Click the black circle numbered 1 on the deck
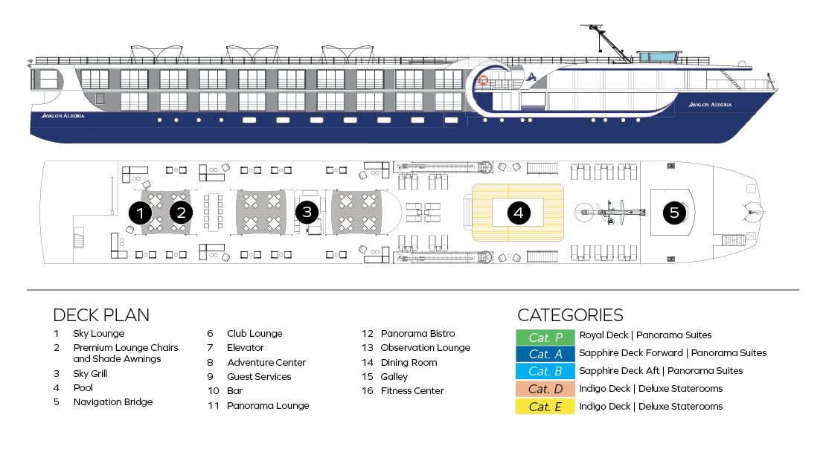click(140, 213)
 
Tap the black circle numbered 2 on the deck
click(180, 213)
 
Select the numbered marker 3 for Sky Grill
click(307, 213)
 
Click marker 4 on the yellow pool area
click(518, 213)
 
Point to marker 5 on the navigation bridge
click(674, 213)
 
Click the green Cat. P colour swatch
click(545, 338)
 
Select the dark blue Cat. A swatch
click(545, 353)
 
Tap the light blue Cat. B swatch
click(545, 371)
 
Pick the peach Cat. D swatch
click(545, 389)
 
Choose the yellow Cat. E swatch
click(545, 407)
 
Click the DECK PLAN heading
click(101, 314)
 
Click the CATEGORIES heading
click(570, 314)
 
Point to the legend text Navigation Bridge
click(112, 402)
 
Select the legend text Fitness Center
click(412, 391)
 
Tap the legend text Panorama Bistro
click(417, 334)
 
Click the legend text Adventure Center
click(266, 363)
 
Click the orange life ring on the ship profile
click(483, 80)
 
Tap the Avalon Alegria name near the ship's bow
click(710, 105)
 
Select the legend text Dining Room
click(409, 363)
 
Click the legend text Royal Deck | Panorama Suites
click(645, 335)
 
